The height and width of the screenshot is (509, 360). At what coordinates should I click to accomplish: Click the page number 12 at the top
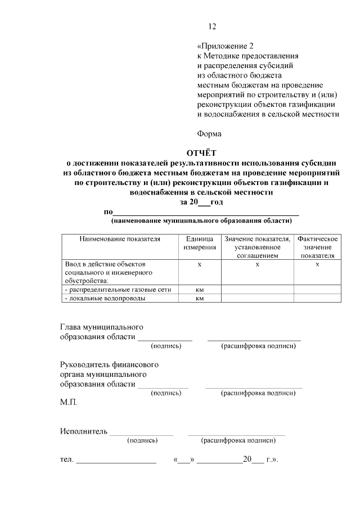coord(211,26)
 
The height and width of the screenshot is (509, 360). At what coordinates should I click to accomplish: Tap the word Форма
coord(209,134)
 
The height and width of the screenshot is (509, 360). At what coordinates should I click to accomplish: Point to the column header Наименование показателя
coord(120,239)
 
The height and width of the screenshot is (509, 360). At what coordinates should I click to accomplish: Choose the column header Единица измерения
coord(199,243)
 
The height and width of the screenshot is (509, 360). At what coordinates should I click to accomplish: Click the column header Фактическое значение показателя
coord(317,247)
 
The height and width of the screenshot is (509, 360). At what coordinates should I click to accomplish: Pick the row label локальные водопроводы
coord(105,299)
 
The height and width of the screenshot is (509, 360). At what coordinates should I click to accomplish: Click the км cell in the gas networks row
coord(199,290)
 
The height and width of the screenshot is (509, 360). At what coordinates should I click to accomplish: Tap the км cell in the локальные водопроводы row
coord(199,299)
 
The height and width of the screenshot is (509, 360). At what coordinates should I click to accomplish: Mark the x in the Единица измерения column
coord(199,264)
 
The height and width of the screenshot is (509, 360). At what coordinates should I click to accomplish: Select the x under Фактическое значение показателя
coord(317,264)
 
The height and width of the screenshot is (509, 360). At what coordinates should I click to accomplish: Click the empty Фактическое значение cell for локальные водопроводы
coord(317,299)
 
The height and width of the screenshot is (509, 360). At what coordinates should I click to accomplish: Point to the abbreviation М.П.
coord(69,403)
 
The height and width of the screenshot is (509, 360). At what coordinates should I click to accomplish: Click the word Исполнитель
coord(83,431)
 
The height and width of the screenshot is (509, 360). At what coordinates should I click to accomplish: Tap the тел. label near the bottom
coord(67,460)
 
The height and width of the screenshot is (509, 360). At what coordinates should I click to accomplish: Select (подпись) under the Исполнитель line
coord(142,440)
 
